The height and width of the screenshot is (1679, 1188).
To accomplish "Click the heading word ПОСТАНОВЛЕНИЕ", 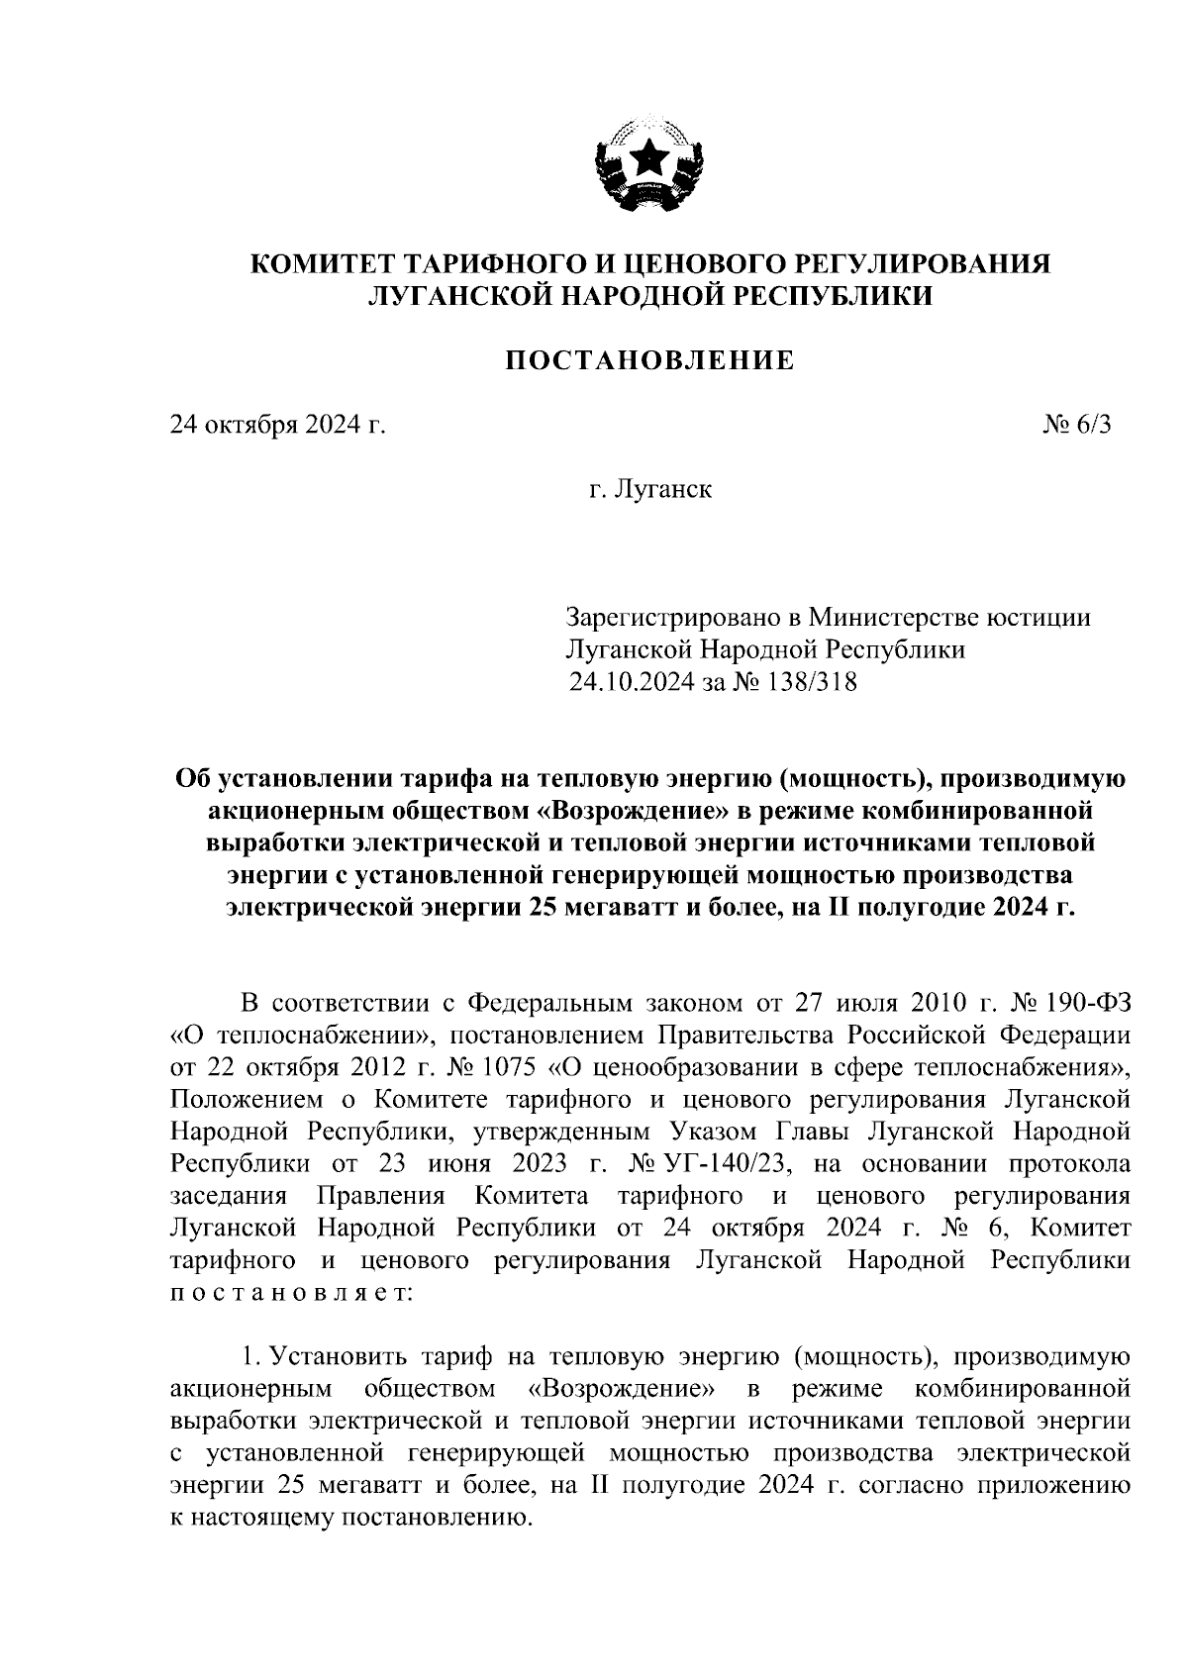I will [x=650, y=360].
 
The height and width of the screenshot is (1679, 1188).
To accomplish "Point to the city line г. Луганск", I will [x=649, y=489].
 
